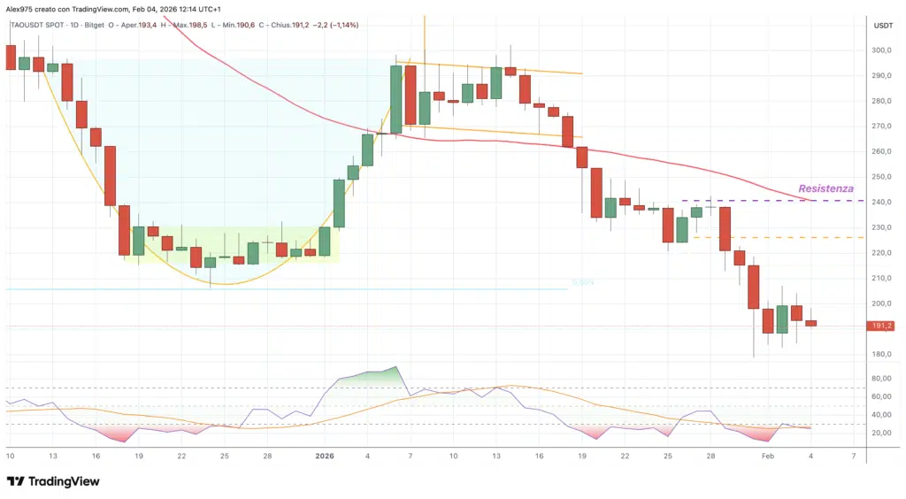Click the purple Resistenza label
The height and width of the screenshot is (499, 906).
tap(825, 188)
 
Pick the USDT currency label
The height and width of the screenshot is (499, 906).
tap(883, 26)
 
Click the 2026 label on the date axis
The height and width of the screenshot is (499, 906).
tap(325, 456)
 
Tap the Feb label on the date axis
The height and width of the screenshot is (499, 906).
tap(768, 456)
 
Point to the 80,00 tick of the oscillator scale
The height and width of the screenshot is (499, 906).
tap(881, 379)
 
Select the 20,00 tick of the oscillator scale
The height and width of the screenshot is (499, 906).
tap(881, 433)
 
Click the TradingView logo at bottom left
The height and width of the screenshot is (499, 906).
tap(53, 481)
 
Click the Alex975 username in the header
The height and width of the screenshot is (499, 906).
tap(20, 8)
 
